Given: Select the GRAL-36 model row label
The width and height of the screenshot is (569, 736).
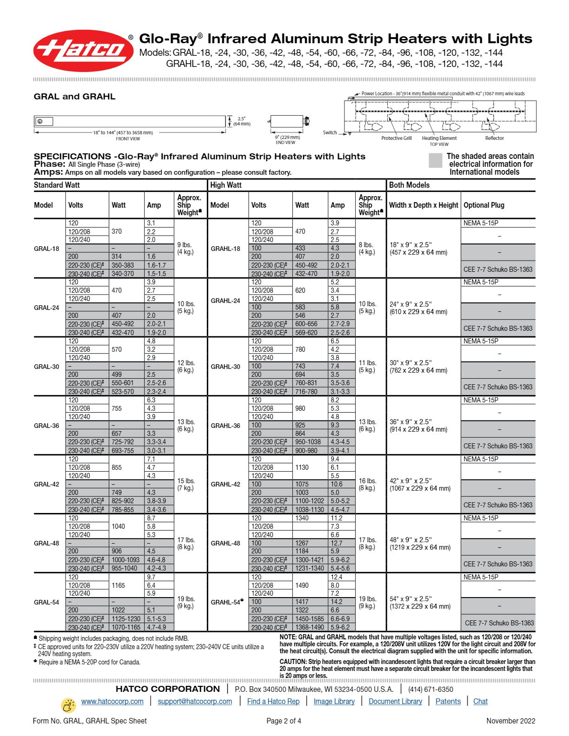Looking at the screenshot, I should click(x=46, y=426).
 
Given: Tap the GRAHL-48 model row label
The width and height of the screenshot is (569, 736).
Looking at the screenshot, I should click(x=225, y=543).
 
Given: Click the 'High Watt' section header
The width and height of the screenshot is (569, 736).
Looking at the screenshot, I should click(x=226, y=185).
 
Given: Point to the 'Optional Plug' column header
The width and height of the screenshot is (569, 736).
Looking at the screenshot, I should click(x=484, y=205).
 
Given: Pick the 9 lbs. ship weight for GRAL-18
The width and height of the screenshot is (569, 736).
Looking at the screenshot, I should click(x=185, y=245).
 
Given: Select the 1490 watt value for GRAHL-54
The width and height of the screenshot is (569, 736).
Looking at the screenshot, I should click(x=302, y=585).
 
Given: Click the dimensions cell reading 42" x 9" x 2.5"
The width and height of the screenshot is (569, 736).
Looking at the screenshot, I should click(x=410, y=481).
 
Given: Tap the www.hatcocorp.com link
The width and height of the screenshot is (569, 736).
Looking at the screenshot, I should click(x=112, y=701).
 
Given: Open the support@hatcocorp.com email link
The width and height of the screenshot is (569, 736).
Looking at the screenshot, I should click(x=195, y=701).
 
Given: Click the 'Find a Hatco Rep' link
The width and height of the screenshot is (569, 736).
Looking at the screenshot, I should click(x=273, y=701).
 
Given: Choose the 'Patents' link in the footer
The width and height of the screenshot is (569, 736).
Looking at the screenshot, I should click(x=448, y=701).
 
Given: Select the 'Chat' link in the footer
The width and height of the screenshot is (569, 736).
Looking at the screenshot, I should click(x=480, y=701).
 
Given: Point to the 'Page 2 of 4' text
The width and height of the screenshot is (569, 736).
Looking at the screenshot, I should click(x=284, y=721).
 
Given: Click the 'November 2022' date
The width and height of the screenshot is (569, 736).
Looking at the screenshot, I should click(x=510, y=721).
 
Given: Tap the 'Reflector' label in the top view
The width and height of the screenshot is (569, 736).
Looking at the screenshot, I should click(x=494, y=138).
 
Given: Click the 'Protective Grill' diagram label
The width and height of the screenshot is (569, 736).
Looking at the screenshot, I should click(x=396, y=138).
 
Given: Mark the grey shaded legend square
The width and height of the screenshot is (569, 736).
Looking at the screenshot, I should click(x=435, y=160).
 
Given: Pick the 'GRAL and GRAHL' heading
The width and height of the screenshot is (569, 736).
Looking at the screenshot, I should click(x=74, y=97).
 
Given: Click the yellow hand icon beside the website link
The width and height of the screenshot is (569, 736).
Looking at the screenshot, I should click(x=69, y=705).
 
